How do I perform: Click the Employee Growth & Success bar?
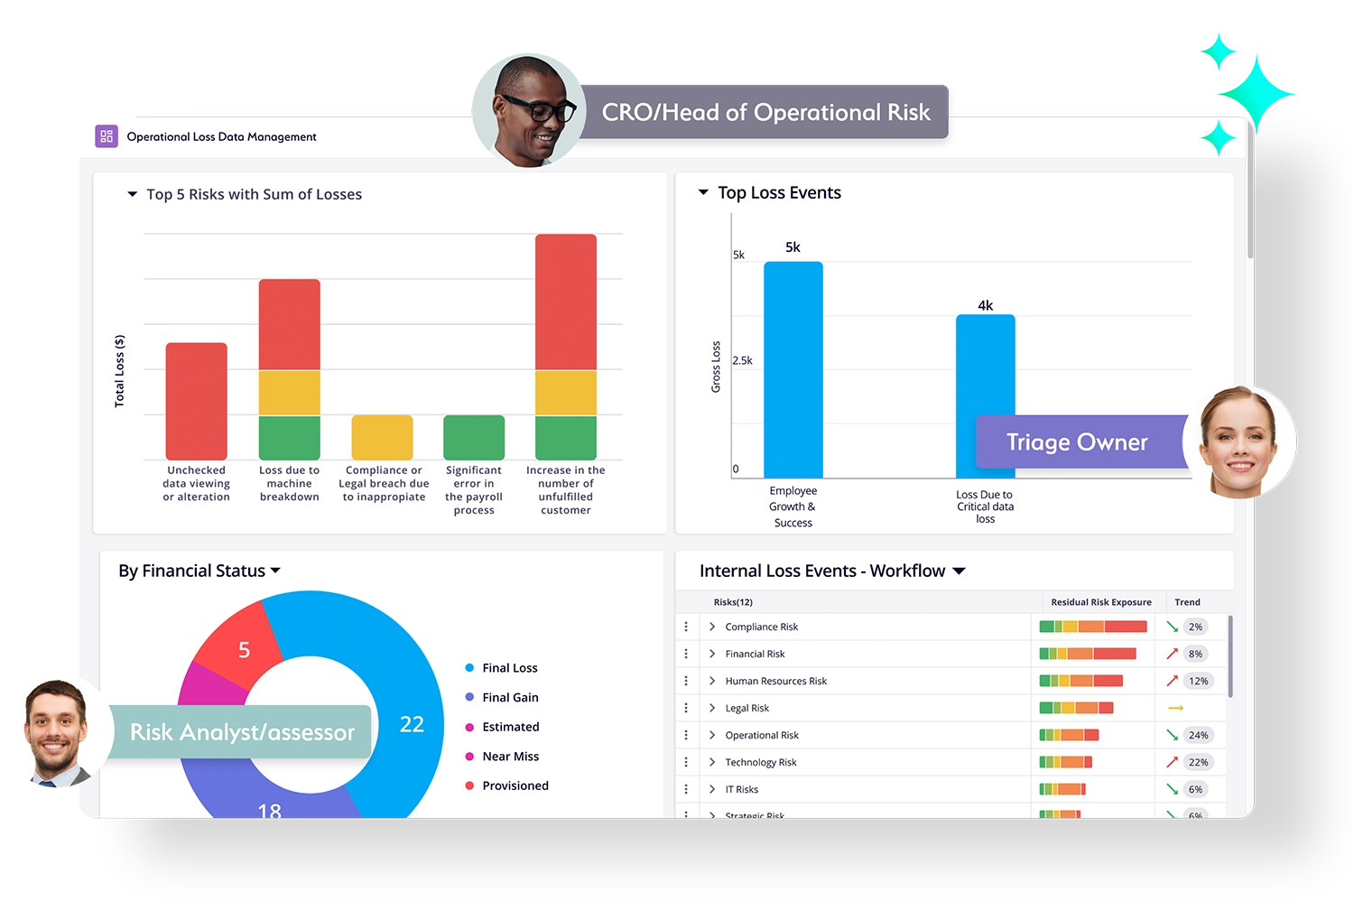click(x=793, y=370)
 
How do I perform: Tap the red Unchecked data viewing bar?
click(x=196, y=401)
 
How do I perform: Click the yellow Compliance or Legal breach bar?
click(x=382, y=438)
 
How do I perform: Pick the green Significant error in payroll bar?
click(x=474, y=438)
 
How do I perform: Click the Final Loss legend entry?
click(x=509, y=668)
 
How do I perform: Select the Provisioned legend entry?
click(x=515, y=785)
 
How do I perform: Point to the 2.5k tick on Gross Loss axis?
click(x=742, y=360)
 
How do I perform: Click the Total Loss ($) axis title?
click(x=119, y=371)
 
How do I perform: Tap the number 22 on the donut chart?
click(x=412, y=724)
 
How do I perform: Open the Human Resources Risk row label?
click(x=775, y=681)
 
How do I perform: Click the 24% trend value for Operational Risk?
click(x=1198, y=735)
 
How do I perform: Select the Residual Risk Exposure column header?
click(x=1100, y=602)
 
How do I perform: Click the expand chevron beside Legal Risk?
click(x=712, y=708)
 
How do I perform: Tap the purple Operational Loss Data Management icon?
click(x=107, y=136)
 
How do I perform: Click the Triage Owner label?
click(x=1077, y=442)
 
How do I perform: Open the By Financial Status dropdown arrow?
click(x=275, y=571)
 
